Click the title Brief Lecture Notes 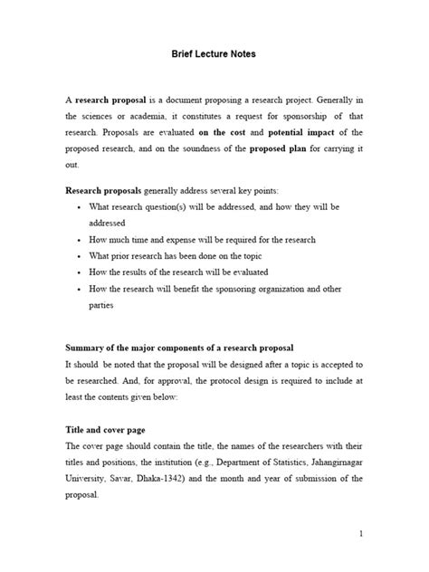(x=214, y=54)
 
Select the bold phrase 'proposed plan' (x=279, y=148)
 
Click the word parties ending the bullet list (x=101, y=305)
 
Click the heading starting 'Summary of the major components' (x=179, y=348)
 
